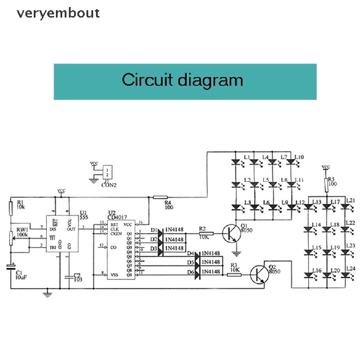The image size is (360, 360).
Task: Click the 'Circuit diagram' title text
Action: (x=182, y=80)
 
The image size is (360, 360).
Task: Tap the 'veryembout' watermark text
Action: (x=58, y=13)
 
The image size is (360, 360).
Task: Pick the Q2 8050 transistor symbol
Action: (x=259, y=275)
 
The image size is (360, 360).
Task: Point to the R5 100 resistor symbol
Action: (x=326, y=185)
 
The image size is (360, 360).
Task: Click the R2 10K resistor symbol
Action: (x=206, y=233)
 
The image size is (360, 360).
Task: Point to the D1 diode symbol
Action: (x=160, y=232)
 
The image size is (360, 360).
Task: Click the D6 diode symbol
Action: (x=197, y=271)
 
